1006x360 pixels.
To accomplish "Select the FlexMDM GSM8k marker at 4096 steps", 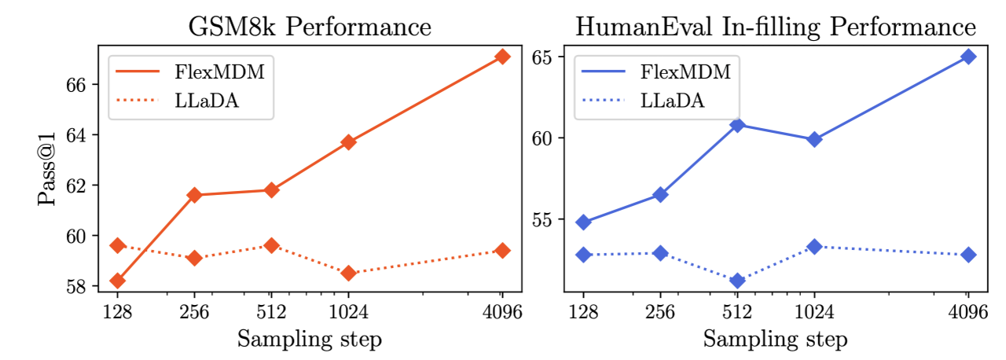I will [503, 57].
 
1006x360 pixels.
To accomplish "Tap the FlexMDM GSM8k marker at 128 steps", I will [118, 281].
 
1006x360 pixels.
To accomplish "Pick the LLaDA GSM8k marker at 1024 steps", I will [348, 273].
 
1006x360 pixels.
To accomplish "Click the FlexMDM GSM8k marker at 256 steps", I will [195, 195].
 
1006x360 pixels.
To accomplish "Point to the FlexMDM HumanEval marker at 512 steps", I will [737, 125].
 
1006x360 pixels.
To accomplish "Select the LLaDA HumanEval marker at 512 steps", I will [737, 281].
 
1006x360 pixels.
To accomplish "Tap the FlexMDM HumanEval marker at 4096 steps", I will [968, 57].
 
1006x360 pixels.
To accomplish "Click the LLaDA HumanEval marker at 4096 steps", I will [968, 255].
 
